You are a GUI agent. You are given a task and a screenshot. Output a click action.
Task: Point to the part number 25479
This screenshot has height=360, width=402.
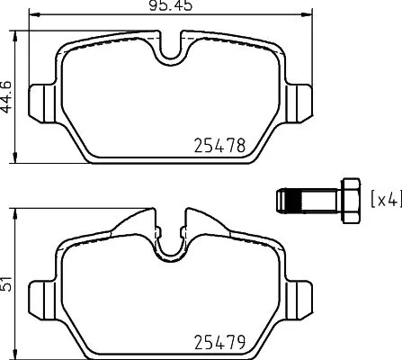(220, 342)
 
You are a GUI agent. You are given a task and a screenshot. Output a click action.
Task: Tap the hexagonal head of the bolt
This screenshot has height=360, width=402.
(348, 198)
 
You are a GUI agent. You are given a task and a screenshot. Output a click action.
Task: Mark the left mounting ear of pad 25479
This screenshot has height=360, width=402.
(43, 293)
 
